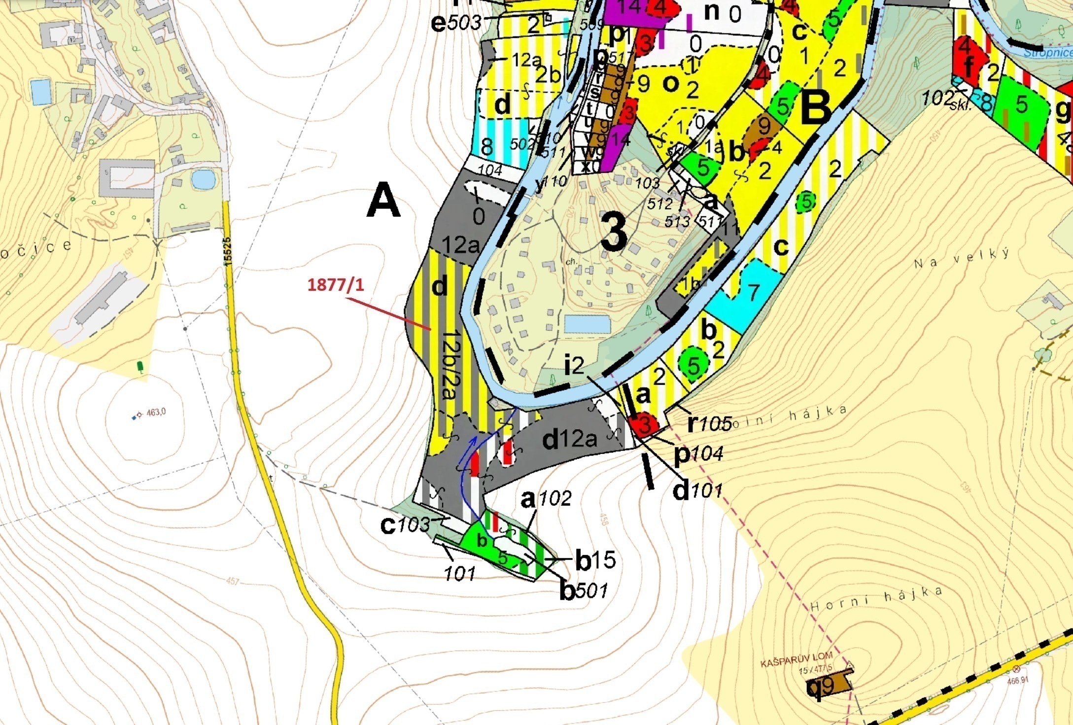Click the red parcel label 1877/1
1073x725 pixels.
[336, 285]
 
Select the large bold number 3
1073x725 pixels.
[614, 233]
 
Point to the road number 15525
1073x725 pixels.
[227, 252]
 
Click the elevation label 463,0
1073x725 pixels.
[155, 412]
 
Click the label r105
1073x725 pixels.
[709, 423]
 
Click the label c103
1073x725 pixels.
[405, 525]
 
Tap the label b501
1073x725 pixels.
[583, 590]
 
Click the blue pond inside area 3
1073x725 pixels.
[588, 324]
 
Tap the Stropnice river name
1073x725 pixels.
[1048, 53]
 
